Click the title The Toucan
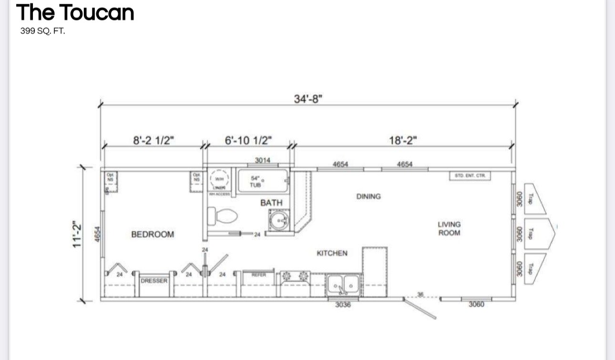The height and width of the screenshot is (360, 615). pyautogui.click(x=75, y=12)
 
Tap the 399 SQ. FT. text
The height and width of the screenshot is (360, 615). pyautogui.click(x=42, y=31)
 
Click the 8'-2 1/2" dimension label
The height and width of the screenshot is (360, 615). pyautogui.click(x=153, y=140)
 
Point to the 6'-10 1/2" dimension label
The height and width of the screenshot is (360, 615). pyautogui.click(x=248, y=140)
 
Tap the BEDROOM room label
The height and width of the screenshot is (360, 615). pyautogui.click(x=153, y=234)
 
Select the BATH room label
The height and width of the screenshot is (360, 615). pyautogui.click(x=271, y=203)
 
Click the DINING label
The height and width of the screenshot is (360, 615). pyautogui.click(x=369, y=196)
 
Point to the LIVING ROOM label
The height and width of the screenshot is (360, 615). pyautogui.click(x=449, y=228)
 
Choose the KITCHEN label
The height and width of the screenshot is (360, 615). pyautogui.click(x=332, y=253)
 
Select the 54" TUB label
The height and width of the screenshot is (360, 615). pyautogui.click(x=256, y=181)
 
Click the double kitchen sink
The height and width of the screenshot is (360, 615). pyautogui.click(x=344, y=285)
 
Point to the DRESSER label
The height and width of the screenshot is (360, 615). pyautogui.click(x=154, y=281)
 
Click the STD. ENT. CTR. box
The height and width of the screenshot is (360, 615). pyautogui.click(x=470, y=176)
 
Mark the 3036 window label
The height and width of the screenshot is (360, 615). pyautogui.click(x=343, y=305)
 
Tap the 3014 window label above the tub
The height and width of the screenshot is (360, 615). pyautogui.click(x=263, y=160)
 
